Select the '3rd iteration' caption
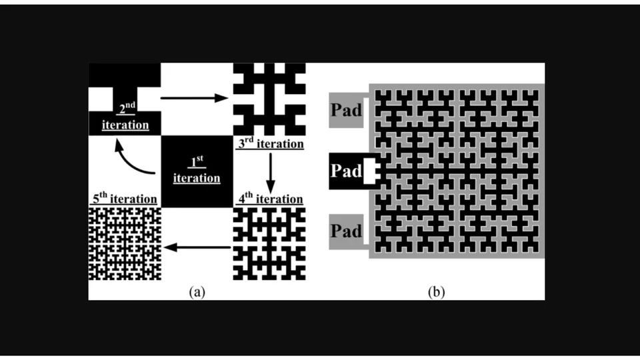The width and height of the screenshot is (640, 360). coord(269,144)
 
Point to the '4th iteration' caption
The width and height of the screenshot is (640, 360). coord(269,199)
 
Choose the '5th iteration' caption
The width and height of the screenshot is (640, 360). coord(124,199)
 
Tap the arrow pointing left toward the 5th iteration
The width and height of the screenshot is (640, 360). coord(197,247)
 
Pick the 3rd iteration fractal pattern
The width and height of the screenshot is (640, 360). coord(269,100)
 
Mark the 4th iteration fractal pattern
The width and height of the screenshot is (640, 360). coord(269,243)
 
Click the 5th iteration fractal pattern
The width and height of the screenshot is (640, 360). coord(125,243)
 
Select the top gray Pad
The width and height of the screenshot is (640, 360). coord(346,110)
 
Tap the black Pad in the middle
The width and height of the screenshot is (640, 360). coord(347,171)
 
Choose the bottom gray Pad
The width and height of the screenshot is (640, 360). coord(346,231)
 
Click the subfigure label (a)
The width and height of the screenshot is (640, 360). coord(196,291)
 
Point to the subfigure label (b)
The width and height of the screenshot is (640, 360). coord(436,291)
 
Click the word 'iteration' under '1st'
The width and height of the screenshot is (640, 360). coord(197,178)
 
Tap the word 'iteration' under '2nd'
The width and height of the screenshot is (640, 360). coord(125,124)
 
